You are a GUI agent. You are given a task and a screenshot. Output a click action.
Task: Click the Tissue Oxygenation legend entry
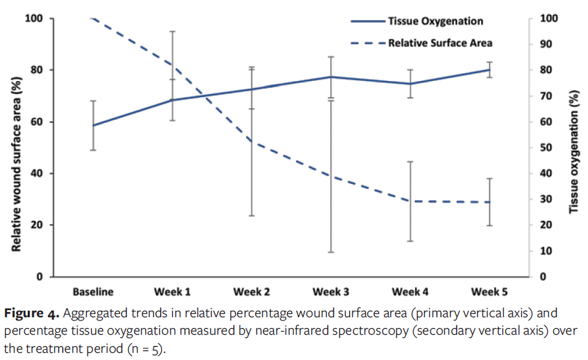pyautogui.click(x=435, y=21)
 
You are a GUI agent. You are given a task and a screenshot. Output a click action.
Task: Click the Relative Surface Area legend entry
pyautogui.click(x=440, y=43)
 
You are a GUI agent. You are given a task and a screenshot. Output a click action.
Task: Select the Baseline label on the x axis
pyautogui.click(x=93, y=291)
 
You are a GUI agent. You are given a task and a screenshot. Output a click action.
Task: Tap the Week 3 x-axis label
pyautogui.click(x=331, y=291)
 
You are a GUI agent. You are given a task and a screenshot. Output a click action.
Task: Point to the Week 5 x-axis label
pyautogui.click(x=490, y=291)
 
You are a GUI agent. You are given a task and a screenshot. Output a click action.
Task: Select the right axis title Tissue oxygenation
pyautogui.click(x=573, y=148)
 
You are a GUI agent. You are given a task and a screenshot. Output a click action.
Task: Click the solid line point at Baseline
pyautogui.click(x=93, y=126)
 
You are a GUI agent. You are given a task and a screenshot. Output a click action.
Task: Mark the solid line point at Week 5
pyautogui.click(x=490, y=70)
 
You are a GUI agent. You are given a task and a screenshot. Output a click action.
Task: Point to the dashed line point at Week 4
pyautogui.click(x=411, y=201)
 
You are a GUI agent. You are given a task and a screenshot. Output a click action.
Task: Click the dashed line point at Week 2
pyautogui.click(x=252, y=142)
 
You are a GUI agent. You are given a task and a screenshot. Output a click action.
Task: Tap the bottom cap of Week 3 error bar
pyautogui.click(x=331, y=252)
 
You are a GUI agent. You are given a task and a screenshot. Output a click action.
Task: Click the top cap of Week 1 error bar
pyautogui.click(x=173, y=31)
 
